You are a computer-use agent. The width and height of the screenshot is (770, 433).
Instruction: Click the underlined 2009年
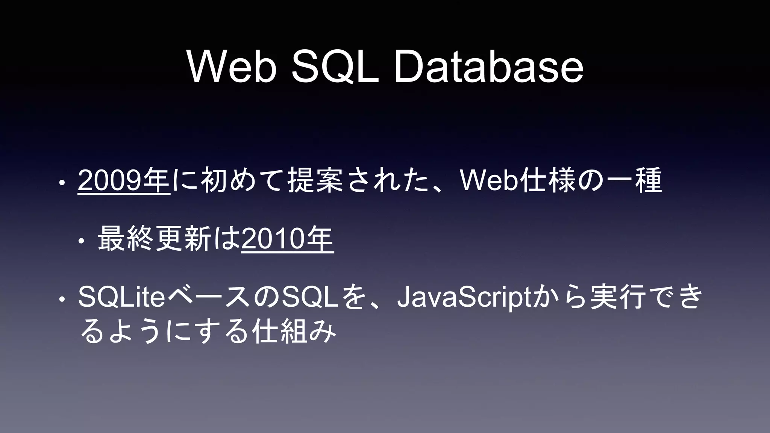coord(124,181)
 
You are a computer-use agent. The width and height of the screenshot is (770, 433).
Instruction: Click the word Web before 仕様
coord(488,181)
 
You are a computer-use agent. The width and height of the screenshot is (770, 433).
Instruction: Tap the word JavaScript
coord(467,297)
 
